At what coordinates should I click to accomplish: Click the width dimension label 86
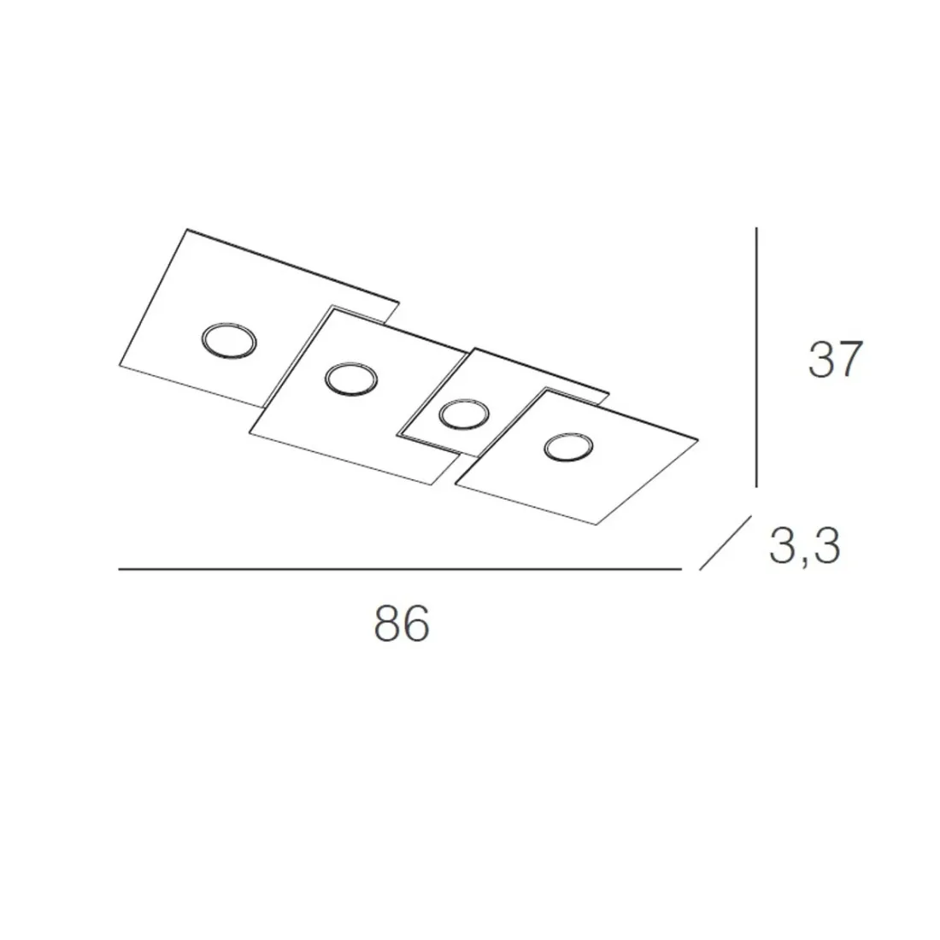click(401, 624)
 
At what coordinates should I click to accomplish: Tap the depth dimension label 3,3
click(804, 546)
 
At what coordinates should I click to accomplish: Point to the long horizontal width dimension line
click(400, 568)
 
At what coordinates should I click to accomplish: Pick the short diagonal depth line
click(725, 542)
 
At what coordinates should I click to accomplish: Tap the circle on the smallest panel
click(463, 414)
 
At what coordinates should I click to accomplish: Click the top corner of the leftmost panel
click(187, 229)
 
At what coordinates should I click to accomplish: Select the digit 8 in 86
click(387, 624)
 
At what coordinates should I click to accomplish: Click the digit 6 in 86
click(415, 624)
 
